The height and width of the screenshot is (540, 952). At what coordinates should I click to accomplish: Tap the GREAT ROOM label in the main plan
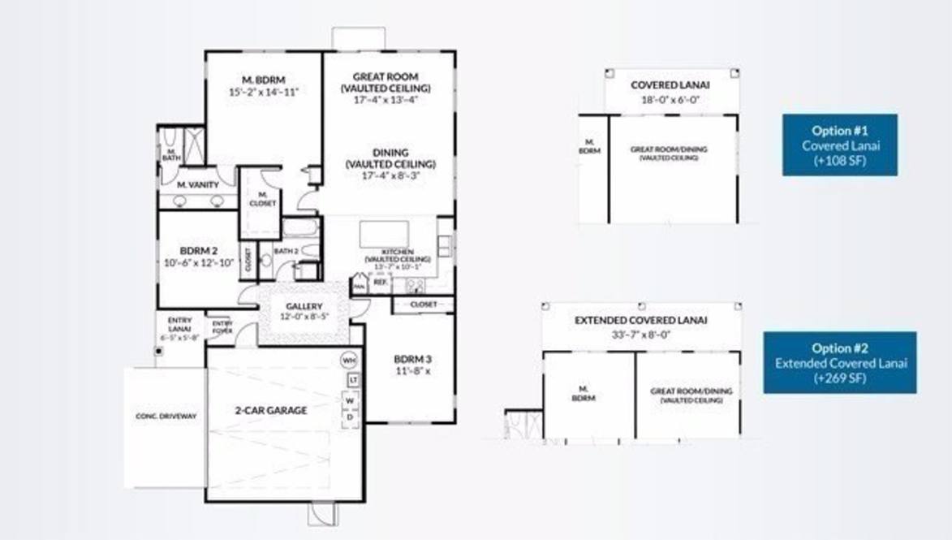click(x=386, y=77)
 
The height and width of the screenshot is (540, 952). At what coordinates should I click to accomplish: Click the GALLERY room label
click(x=304, y=306)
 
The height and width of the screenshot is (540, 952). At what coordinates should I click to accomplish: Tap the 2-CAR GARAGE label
click(x=271, y=410)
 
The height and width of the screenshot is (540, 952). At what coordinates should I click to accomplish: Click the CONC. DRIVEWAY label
click(x=166, y=417)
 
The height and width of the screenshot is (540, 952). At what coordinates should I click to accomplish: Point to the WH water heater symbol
click(x=349, y=360)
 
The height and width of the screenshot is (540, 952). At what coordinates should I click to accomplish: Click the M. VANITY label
click(x=198, y=185)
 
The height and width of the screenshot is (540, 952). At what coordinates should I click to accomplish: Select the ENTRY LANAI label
click(x=179, y=324)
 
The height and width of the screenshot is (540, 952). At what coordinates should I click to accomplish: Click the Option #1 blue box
click(x=840, y=145)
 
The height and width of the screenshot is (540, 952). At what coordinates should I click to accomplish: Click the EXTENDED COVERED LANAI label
click(x=640, y=320)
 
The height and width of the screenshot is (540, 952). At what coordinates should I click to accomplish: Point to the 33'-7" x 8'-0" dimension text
click(x=641, y=335)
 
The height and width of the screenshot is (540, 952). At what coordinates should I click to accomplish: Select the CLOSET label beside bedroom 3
click(x=423, y=305)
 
